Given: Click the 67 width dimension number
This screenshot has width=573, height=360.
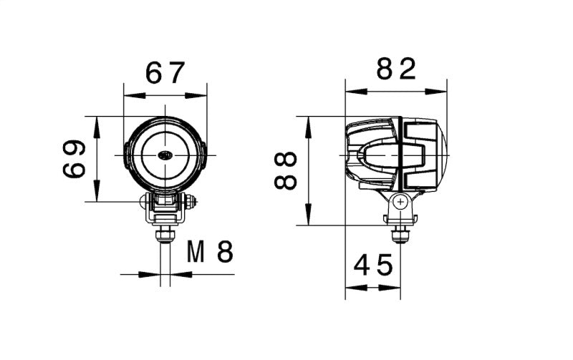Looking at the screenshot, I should pos(165,72).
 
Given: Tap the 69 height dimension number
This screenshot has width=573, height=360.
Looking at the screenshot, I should pos(74,159).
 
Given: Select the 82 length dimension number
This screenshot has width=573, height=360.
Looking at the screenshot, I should pos(396,69).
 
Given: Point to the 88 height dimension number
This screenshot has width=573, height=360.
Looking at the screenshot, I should pos(286,170).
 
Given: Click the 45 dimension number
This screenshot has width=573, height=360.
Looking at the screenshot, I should pos(373,266).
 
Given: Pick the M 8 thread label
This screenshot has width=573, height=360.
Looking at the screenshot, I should pos(210,251).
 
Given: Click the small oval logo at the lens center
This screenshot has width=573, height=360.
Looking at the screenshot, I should pos(165,155).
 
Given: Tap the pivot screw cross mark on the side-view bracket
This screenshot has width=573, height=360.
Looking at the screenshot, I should pos(400,203).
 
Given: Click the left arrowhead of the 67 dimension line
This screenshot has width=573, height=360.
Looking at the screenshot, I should pos(128,94).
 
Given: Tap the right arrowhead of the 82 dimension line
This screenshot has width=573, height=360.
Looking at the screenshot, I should pos(443,92).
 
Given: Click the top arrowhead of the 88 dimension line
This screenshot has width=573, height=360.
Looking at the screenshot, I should pos(308,121).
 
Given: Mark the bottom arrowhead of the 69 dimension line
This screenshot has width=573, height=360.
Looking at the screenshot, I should pos(96,196).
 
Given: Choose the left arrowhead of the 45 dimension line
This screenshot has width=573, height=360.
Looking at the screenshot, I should pos(350,287).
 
